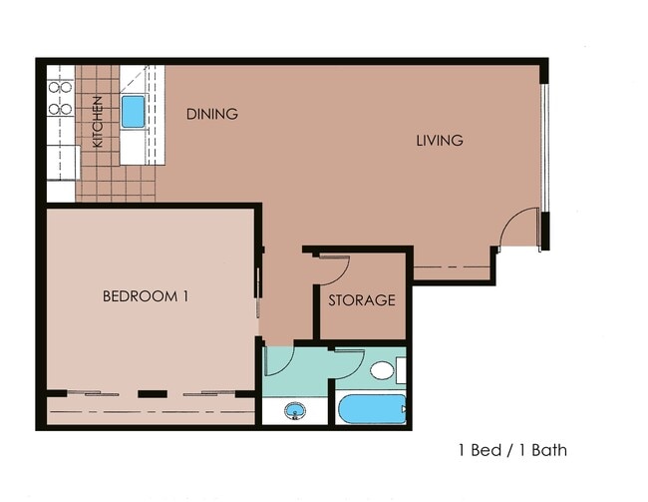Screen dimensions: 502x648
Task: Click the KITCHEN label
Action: pos(98,122)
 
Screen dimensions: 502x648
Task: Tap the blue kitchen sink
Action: pos(133,111)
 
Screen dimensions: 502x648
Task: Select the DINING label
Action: pos(212,114)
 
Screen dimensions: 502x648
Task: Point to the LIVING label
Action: pos(440,141)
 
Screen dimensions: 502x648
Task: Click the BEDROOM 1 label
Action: pos(147,296)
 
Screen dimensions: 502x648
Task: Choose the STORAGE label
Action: pos(363,299)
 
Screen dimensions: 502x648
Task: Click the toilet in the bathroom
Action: pos(383,371)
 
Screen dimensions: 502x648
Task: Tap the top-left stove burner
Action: pos(55,87)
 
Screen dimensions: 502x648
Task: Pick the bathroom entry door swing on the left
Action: pos(278,359)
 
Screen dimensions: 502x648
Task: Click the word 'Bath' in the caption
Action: pos(548,450)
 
